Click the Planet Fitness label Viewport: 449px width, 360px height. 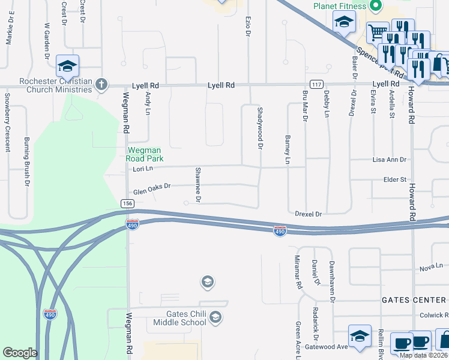339,6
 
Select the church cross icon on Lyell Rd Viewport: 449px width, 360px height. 101,84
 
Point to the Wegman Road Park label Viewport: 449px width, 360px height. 144,154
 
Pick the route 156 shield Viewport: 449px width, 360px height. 127,204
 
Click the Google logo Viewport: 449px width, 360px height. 20,353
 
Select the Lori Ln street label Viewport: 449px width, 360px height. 143,169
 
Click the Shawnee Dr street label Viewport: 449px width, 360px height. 197,184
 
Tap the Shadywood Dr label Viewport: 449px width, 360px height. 260,128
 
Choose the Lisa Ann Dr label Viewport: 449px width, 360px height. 390,160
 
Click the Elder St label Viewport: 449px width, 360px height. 396,179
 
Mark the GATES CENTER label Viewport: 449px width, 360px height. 415,299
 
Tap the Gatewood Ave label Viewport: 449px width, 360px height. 326,347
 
